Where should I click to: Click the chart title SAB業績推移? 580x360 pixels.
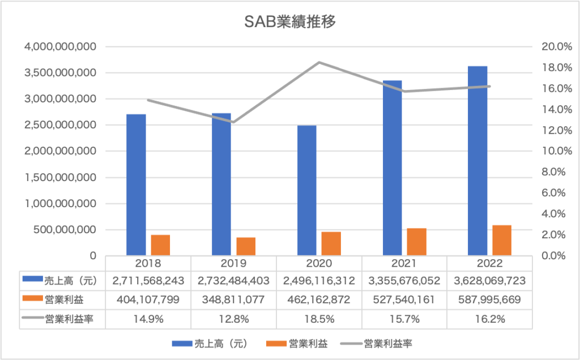coord(290,22)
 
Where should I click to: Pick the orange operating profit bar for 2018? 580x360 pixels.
coord(160,245)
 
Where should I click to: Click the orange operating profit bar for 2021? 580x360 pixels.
coord(416,242)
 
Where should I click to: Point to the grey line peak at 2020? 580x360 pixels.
coord(319,62)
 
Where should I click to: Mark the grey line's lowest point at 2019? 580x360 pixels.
coord(233,122)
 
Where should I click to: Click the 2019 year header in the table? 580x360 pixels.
coord(233,263)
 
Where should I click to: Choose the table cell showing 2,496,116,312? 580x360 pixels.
coord(319,280)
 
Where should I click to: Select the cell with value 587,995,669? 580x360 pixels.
coord(489,299)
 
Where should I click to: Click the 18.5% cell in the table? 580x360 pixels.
coord(319,319)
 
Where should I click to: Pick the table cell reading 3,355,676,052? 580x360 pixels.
coord(404,280)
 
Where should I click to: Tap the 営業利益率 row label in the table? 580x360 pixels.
coord(68,319)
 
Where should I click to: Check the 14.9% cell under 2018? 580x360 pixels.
coord(148,319)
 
